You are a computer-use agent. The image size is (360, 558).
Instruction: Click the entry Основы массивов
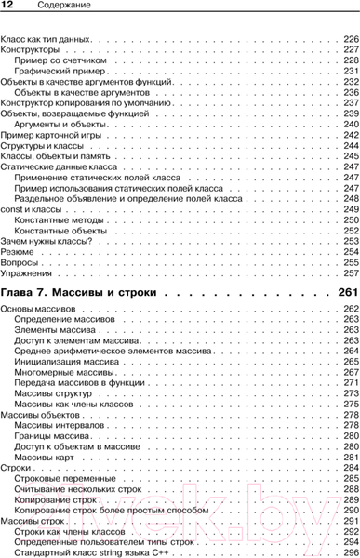[x=36, y=308]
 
